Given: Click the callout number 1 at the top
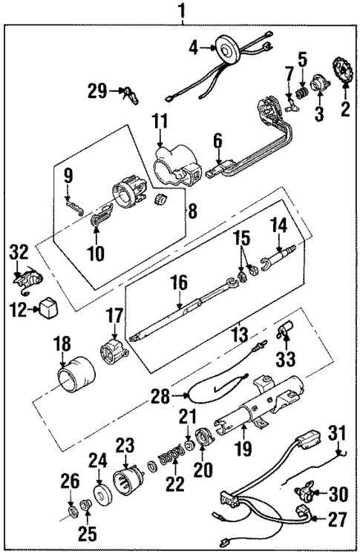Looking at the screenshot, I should [x=180, y=12].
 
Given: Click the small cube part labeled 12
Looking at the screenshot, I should [x=49, y=306].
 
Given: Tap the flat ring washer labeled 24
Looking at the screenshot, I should [x=98, y=495].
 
